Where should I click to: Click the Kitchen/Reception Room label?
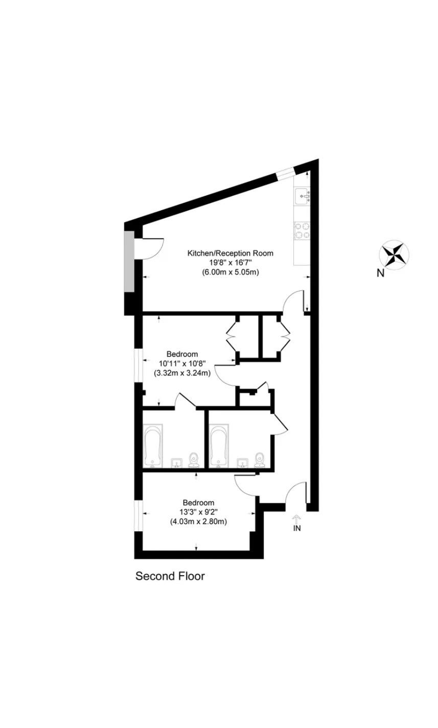point(230,253)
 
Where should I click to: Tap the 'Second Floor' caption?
point(170,576)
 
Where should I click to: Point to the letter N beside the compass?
point(380,274)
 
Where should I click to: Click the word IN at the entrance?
point(296,528)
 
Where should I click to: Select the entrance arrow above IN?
point(296,519)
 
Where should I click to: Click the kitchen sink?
point(303,196)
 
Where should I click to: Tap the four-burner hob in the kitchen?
point(302,231)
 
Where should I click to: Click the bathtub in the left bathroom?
point(153,445)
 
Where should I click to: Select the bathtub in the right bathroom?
point(219,445)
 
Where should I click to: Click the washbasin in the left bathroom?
point(177,463)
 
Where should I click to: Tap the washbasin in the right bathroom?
point(242,463)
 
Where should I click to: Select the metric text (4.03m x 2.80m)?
point(198,522)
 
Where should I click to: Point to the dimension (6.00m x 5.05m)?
point(230,272)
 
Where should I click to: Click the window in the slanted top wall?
point(285,172)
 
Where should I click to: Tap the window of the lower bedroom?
point(139,516)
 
